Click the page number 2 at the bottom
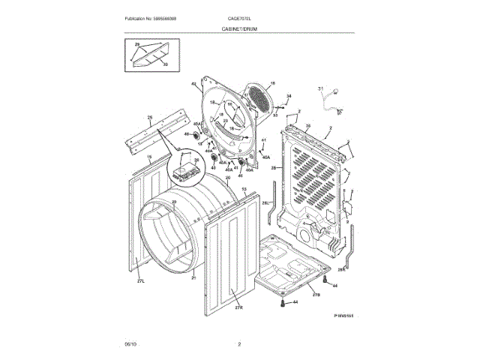tap(238, 343)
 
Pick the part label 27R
tap(239, 307)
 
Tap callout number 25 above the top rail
tap(149, 118)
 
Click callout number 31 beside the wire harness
tap(320, 90)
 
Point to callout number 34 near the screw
tap(289, 96)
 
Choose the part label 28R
tap(341, 269)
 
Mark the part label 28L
tap(265, 203)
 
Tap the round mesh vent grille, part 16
tap(258, 100)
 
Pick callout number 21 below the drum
tap(193, 277)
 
